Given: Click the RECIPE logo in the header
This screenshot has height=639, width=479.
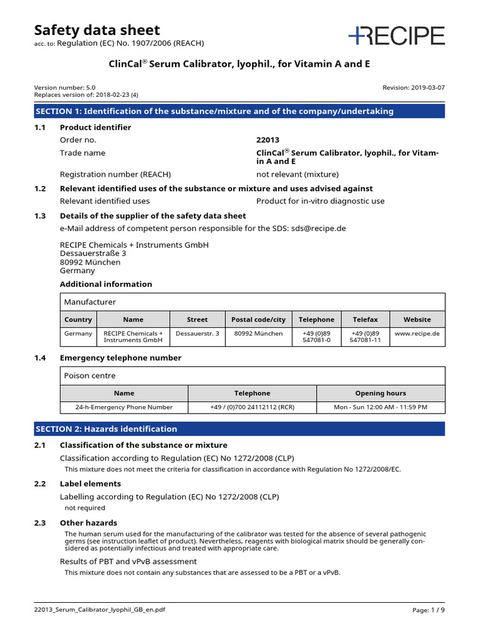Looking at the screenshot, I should point(397,36).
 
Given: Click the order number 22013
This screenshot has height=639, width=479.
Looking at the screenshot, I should point(268,140).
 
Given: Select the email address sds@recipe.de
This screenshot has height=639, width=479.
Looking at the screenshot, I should point(318,228).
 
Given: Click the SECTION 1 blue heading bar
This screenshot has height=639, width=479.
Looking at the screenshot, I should point(239,111).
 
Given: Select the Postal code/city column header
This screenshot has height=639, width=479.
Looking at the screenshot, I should point(258,319).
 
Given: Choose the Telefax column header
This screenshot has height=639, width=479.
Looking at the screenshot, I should point(365,319).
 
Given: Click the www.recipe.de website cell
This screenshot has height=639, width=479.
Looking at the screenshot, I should point(417,334).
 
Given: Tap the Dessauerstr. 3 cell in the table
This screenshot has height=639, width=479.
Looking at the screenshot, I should point(197,334).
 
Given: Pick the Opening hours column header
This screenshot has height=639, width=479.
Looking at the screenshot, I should point(380,393).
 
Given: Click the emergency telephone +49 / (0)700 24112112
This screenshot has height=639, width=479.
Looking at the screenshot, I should point(252,407).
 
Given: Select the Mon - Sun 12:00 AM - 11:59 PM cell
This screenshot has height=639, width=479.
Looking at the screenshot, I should point(380,407).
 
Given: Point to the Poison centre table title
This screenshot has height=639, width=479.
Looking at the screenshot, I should point(90,376).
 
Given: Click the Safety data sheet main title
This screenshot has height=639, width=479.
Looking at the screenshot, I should point(97,30).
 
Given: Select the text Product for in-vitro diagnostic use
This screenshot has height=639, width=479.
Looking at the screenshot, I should point(320,201).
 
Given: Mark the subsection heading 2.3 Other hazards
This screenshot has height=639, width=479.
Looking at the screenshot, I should point(88,523).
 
